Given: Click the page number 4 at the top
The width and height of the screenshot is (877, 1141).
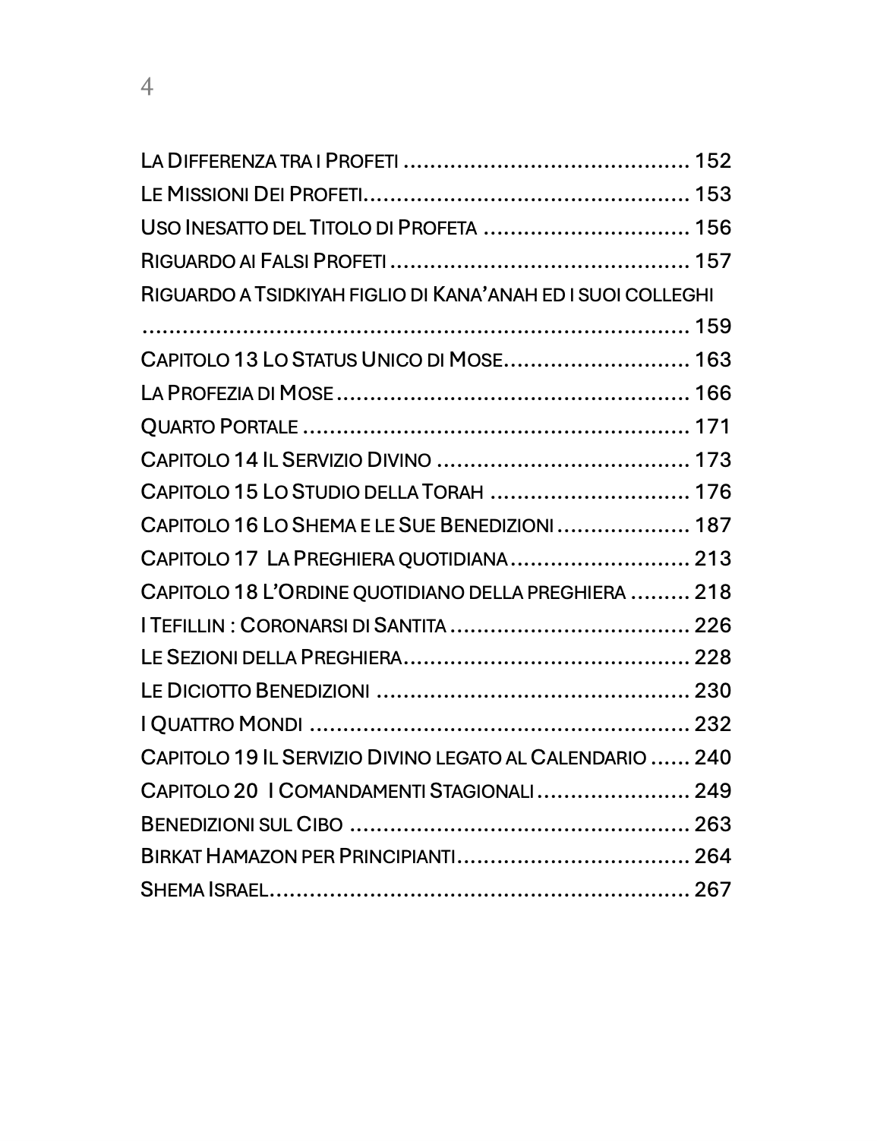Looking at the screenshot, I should pos(147,88).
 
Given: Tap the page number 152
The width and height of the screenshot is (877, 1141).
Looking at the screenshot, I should pos(712,161).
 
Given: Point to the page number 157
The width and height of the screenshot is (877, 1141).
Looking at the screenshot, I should pos(712,261).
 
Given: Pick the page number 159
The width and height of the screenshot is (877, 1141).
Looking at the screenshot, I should pos(712,326).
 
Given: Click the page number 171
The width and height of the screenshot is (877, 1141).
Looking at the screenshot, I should pos(712,427).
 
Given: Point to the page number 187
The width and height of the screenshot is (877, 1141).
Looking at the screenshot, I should pos(712,525).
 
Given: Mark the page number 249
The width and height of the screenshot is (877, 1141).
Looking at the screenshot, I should pos(712,791).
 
